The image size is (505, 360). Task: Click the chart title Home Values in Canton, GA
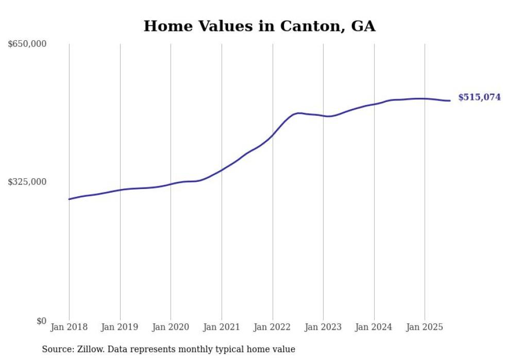click(x=259, y=26)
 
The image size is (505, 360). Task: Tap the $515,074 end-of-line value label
click(x=479, y=97)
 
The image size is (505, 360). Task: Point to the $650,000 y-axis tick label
click(x=27, y=44)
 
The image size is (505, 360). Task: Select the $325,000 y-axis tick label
click(x=27, y=182)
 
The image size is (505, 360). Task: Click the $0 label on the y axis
click(x=41, y=321)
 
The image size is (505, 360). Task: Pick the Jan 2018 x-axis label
click(x=69, y=327)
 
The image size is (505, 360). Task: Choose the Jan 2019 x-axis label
click(x=120, y=327)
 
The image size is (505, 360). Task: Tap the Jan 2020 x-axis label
click(x=171, y=327)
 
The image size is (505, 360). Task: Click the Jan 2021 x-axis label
click(x=222, y=327)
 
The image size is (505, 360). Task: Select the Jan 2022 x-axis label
click(x=272, y=327)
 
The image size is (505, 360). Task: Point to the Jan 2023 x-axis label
click(x=323, y=327)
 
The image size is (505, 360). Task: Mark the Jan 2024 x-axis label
click(x=374, y=327)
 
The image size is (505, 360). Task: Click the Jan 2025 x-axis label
click(x=425, y=327)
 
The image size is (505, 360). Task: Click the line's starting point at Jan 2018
click(x=69, y=199)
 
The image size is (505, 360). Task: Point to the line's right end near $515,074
click(x=450, y=100)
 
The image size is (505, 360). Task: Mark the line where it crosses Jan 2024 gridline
click(x=374, y=104)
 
